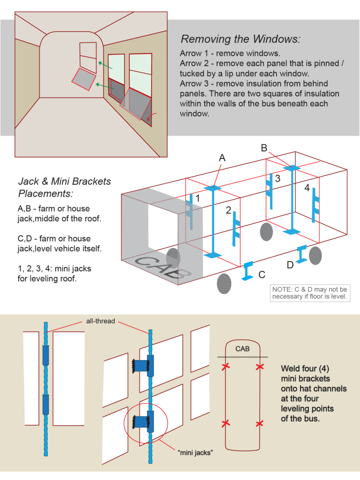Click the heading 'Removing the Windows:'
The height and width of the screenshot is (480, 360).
pos(240,39)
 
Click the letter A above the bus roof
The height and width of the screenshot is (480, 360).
pos(222,158)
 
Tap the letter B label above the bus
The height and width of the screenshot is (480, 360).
pos(264,148)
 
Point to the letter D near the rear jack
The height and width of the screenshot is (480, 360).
pos(290,265)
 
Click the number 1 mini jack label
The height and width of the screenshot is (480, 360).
pos(197,199)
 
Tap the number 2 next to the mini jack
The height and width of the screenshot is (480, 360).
pos(228,211)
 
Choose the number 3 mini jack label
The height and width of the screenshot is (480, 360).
pos(277,179)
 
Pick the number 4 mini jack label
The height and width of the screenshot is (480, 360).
pos(307,188)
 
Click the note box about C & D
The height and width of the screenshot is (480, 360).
pos(310,293)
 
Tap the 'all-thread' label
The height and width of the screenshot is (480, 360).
pos(100,321)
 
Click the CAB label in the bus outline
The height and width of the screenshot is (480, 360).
pos(242,349)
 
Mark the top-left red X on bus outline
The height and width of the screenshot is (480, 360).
pos(225,366)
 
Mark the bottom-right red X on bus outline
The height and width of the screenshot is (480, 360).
pos(260,424)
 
